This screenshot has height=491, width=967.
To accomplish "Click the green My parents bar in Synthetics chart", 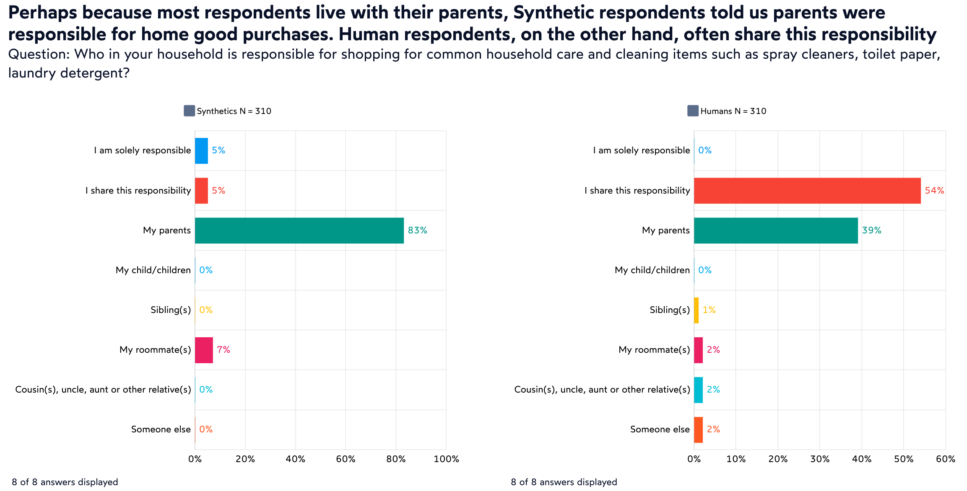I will click(299, 230).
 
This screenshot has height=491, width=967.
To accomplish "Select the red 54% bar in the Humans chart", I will click(807, 191).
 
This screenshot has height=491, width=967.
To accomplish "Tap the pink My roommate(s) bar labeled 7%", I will click(204, 350).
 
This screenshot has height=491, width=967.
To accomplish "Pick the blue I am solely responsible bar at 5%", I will click(201, 150).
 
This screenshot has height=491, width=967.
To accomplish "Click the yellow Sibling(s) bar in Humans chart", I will click(697, 310).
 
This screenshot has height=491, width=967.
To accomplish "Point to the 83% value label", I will click(417, 230).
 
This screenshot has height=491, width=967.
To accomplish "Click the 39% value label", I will click(871, 230).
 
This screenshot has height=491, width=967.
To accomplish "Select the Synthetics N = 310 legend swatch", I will click(189, 111).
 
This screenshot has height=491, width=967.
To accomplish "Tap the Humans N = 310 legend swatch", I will click(693, 111).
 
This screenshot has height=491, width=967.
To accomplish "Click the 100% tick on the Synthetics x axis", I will click(446, 459).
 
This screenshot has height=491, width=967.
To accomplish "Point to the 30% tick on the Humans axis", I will click(820, 459).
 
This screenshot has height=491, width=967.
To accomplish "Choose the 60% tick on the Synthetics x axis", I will click(346, 459).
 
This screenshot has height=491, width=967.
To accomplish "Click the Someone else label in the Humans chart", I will click(660, 429).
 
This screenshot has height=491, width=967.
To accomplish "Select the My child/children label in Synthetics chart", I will click(153, 270).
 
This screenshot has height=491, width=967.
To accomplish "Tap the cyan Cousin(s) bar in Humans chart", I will click(698, 390).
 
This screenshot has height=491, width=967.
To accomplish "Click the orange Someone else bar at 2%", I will click(698, 429).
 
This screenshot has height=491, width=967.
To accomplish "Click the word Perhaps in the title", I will click(42, 13).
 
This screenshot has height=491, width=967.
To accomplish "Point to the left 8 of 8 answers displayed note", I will click(65, 482).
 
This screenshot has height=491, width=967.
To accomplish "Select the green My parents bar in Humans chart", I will click(776, 230).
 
